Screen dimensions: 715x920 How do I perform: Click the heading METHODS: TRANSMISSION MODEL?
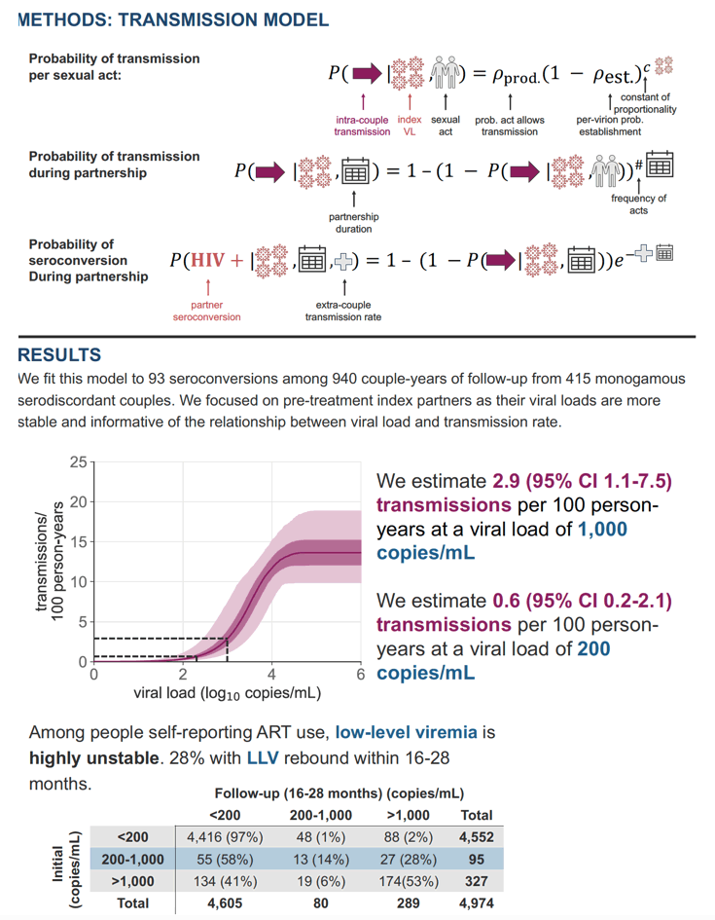tap(173, 19)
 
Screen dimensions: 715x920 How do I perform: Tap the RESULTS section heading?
tap(59, 355)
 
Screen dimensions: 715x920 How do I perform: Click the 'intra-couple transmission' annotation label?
tap(362, 126)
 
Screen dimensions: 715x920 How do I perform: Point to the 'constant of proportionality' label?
tap(645, 103)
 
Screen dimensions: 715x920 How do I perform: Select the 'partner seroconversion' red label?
tap(207, 311)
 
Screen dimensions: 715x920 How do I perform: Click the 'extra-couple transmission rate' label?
tap(342, 311)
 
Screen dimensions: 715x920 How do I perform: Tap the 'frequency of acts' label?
tap(638, 204)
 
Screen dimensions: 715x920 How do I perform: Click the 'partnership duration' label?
tap(353, 223)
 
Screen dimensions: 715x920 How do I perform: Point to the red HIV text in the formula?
tap(207, 260)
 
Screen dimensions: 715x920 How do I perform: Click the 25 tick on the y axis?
tap(79, 462)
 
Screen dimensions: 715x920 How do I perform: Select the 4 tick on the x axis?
tap(272, 674)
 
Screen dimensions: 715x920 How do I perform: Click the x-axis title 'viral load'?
tap(228, 693)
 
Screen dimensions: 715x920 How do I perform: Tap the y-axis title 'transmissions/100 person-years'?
tap(50, 562)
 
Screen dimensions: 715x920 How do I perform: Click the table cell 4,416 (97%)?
tap(225, 837)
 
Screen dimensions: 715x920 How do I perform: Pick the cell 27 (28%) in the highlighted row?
tap(409, 860)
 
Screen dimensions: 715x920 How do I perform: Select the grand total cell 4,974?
tap(477, 903)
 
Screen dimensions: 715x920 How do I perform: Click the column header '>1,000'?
tap(409, 815)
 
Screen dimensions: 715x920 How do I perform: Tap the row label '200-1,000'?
tap(133, 860)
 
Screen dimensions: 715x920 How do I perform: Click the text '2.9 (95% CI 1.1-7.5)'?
tap(582, 481)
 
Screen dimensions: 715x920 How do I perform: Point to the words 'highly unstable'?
tap(93, 758)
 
